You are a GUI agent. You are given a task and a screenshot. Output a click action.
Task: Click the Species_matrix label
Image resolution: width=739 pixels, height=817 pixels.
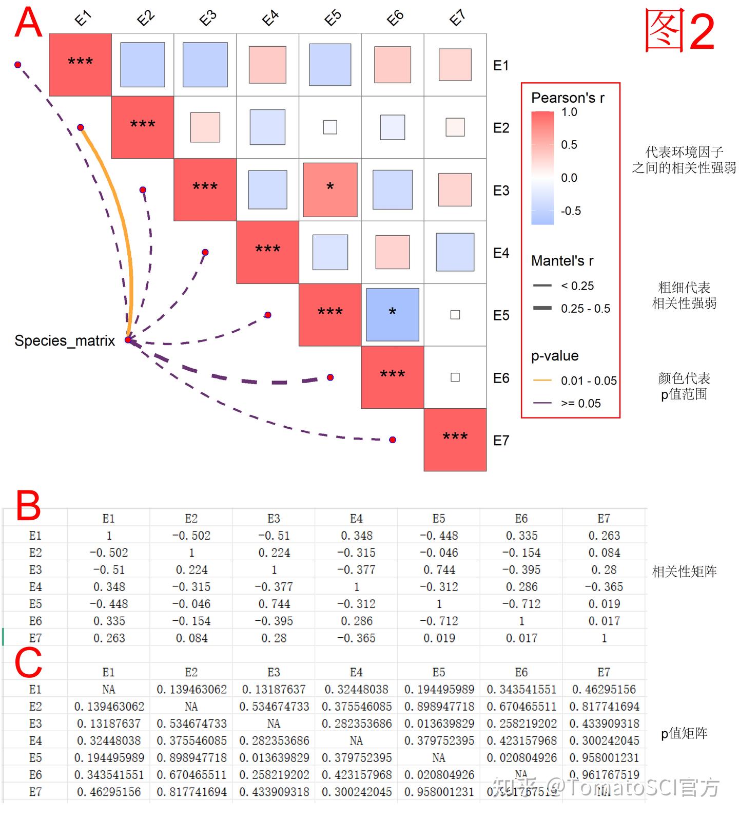[x=65, y=340]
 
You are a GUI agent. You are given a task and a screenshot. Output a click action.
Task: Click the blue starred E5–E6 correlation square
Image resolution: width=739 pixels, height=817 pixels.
[x=393, y=315]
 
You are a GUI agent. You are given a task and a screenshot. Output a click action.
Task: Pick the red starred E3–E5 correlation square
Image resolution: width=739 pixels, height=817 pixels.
[x=330, y=189]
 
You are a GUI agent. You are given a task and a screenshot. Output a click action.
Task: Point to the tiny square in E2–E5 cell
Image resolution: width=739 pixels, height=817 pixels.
[x=330, y=127]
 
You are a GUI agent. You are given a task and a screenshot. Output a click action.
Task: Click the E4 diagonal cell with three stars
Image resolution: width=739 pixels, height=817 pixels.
[x=267, y=252]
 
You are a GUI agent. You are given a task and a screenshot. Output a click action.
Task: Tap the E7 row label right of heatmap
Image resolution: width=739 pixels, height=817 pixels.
[x=501, y=440]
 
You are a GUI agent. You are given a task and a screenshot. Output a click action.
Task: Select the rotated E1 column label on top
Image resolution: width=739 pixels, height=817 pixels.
[x=83, y=19]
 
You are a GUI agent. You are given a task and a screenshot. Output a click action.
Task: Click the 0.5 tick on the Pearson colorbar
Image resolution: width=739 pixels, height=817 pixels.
[x=569, y=145]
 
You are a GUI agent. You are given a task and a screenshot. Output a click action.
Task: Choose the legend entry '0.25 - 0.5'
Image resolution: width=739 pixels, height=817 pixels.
[x=585, y=309]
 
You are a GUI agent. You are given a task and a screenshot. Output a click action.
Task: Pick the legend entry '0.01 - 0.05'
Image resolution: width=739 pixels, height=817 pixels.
[x=588, y=381]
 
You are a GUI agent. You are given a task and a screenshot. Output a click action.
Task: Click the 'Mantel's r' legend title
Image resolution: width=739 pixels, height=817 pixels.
[x=562, y=261]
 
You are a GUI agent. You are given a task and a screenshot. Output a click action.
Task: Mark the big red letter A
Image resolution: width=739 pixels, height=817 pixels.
[x=28, y=23]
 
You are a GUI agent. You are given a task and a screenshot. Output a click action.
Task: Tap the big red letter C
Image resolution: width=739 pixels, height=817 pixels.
[x=28, y=662]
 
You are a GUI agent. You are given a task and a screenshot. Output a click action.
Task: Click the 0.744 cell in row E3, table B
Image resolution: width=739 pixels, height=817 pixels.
[x=439, y=569]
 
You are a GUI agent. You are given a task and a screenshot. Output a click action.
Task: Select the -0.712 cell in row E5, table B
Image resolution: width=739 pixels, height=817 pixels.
[x=521, y=604]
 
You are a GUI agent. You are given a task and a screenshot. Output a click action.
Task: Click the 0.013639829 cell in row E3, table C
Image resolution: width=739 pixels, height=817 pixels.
[x=439, y=724]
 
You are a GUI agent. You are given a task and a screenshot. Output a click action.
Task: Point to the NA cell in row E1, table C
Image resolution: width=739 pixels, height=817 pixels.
[x=109, y=689]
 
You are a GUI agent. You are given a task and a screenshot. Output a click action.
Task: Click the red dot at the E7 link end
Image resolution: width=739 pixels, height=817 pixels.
[x=393, y=440]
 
